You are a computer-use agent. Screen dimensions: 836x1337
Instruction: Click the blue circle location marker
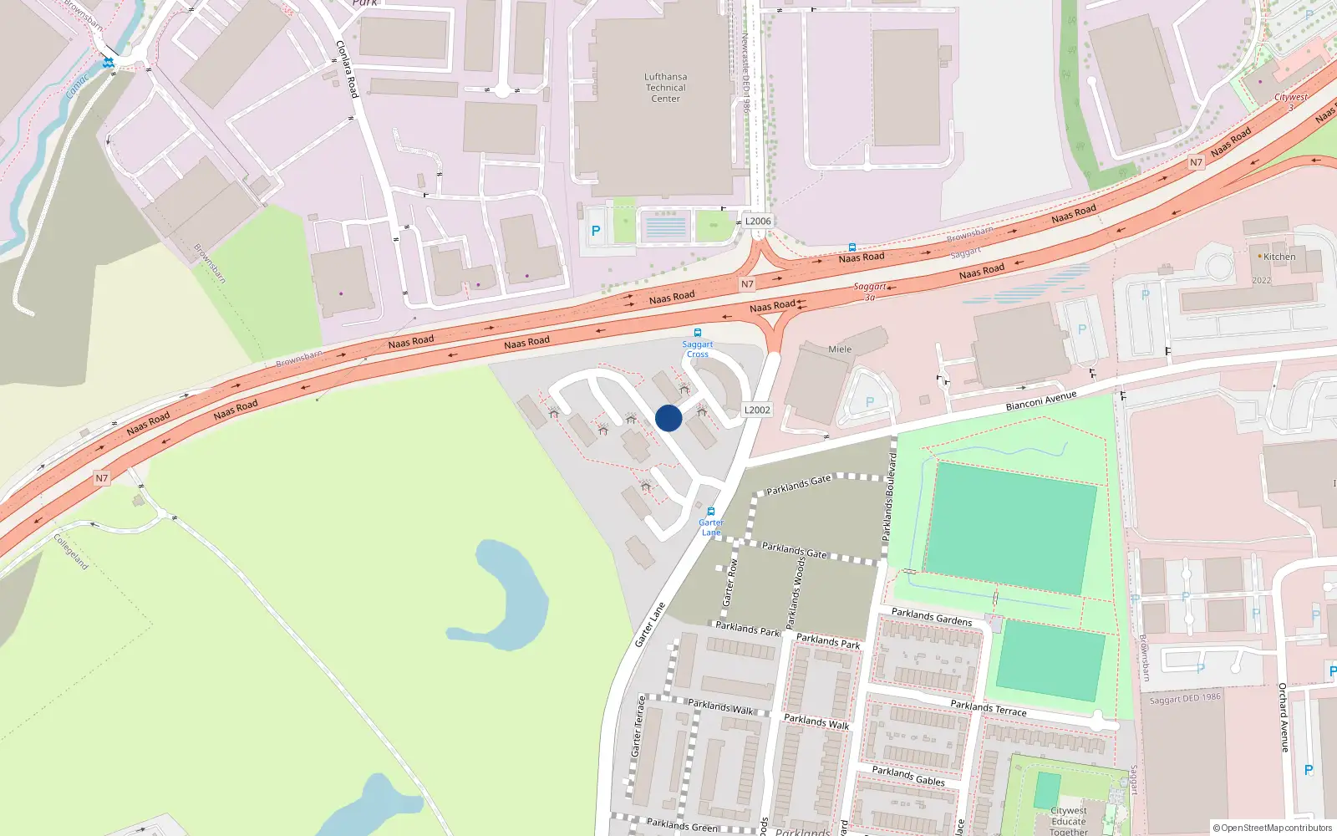[x=668, y=418]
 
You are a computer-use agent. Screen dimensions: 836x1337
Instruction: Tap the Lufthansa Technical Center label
[x=666, y=88]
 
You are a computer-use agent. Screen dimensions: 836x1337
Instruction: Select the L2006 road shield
[x=758, y=222]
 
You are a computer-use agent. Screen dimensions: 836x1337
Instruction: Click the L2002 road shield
[x=757, y=410]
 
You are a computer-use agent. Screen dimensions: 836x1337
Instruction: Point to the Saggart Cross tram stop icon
[x=698, y=333]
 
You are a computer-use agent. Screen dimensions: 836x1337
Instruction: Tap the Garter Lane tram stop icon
[x=711, y=512]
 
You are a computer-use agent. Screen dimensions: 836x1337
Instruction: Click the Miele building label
[x=840, y=349]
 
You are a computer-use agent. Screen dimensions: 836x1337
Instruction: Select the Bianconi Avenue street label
[x=1041, y=400]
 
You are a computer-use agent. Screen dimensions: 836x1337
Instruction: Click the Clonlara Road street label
[x=347, y=69]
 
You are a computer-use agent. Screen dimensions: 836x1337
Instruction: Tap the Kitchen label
[x=1279, y=257]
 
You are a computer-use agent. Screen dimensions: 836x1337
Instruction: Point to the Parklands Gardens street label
[x=932, y=617]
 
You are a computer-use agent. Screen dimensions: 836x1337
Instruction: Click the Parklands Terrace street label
[x=989, y=708]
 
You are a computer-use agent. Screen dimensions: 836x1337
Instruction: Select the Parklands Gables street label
[x=908, y=776]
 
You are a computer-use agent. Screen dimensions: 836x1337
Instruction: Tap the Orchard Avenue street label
[x=1284, y=717]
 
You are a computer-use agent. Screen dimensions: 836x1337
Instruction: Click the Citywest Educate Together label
[x=1069, y=821]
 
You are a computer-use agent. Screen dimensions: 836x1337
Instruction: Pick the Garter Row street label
[x=730, y=582]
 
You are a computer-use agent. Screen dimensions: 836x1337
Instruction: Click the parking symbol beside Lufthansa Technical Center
[x=596, y=232]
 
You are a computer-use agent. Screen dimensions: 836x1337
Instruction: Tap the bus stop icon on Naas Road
[x=852, y=247]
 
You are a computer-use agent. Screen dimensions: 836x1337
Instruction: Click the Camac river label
[x=78, y=86]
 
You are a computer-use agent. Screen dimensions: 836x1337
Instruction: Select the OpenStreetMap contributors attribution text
[x=1273, y=828]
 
